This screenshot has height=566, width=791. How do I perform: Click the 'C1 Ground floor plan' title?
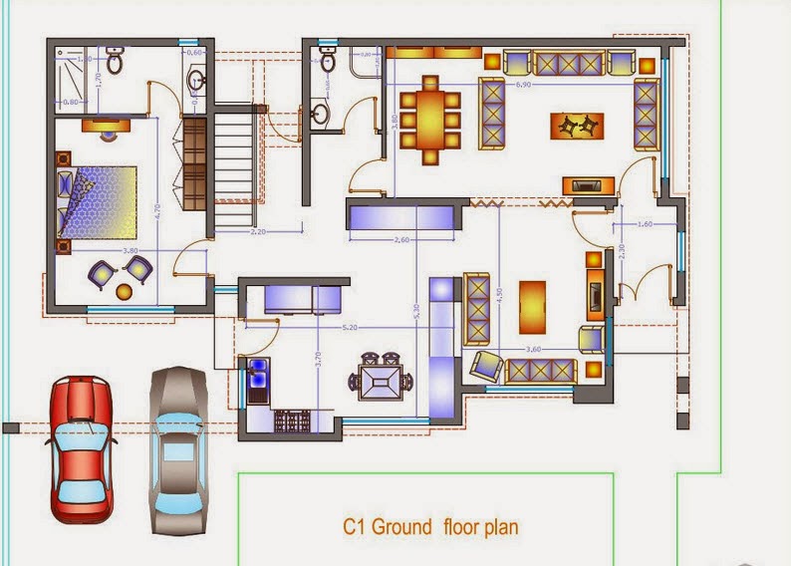point(430,527)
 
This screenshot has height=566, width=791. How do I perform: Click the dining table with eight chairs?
point(430,112)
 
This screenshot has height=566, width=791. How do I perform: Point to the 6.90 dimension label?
point(522,87)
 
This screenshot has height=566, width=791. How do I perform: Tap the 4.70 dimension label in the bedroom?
point(156,210)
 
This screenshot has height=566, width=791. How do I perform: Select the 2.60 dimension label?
point(401,240)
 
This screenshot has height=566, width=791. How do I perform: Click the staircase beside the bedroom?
point(235,164)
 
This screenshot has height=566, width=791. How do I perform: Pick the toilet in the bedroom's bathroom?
point(115,62)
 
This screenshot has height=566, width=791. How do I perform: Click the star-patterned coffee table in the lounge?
point(577,126)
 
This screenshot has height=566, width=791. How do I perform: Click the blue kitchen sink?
point(258,378)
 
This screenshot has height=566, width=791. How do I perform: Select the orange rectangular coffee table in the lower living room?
point(533,306)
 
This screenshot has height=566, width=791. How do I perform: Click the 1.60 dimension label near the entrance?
point(645,225)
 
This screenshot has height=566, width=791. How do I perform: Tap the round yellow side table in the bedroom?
point(125,291)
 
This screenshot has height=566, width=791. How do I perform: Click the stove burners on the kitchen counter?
point(294,421)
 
